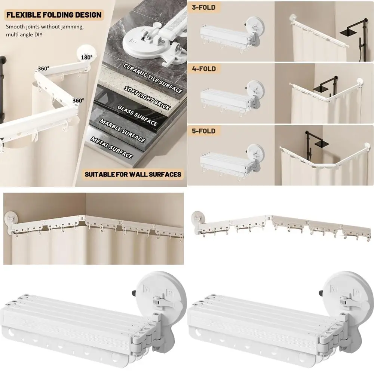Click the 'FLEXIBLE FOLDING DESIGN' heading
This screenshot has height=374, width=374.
53,15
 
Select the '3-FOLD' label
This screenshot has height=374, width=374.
204,7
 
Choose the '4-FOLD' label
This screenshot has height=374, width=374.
204,69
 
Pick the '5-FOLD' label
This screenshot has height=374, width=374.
204,131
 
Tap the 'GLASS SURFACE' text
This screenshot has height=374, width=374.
138,116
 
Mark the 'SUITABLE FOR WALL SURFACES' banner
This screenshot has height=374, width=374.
133,174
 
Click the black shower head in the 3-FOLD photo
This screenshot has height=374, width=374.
347,33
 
